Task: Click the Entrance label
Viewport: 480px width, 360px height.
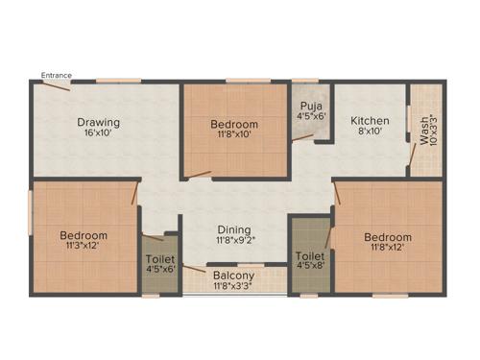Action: coord(55,73)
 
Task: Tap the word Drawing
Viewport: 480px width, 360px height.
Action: coord(98,122)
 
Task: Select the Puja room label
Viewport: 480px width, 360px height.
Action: coord(310,105)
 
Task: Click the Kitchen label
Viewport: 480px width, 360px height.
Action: coord(369,121)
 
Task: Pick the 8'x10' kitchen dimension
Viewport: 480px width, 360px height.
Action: coord(369,133)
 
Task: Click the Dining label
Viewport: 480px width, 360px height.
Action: coord(234,230)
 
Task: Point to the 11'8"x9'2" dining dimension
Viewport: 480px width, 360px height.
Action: coord(234,242)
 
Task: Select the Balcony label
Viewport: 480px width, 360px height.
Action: coord(233,274)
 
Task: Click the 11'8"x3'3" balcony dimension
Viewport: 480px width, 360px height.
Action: coord(233,285)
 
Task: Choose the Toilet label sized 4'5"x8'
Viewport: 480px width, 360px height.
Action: coord(309,256)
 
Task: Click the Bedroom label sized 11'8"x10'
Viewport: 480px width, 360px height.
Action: coord(234,125)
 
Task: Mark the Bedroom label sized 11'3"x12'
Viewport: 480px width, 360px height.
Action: coord(84,235)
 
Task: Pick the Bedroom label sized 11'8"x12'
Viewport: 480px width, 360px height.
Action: coord(387,237)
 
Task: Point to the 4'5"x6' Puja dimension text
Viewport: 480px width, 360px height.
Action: coord(310,116)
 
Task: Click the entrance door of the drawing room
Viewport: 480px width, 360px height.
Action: coord(56,85)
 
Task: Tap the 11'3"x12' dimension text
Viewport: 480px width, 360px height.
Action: coord(84,247)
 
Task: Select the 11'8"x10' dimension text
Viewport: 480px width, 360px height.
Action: coord(234,136)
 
